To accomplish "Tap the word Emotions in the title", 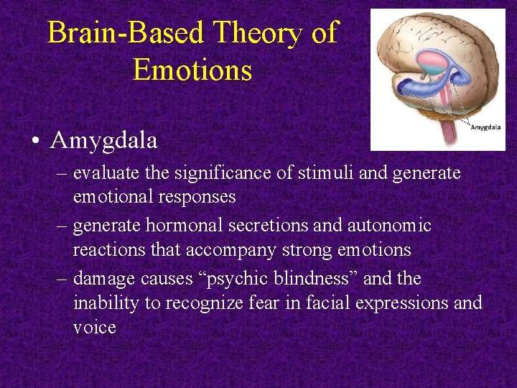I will point(192,70).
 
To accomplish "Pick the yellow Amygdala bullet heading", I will point(103,140).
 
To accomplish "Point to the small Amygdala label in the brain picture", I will point(485,127).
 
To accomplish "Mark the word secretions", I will point(269,226).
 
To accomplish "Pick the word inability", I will point(106,303).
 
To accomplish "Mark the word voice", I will point(94,328).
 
